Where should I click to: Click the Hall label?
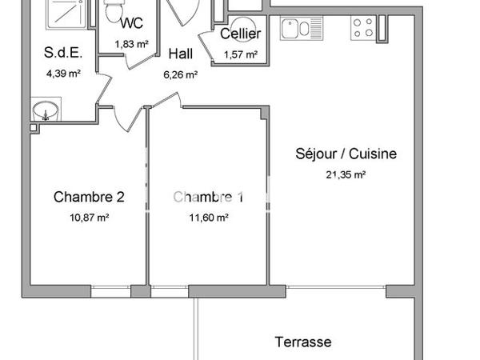(182, 54)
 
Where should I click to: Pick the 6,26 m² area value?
(182, 77)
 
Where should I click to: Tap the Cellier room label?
(240, 34)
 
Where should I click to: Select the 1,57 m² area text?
(240, 55)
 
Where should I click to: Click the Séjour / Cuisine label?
(346, 154)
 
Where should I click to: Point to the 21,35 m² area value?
(346, 174)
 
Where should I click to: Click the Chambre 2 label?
(89, 197)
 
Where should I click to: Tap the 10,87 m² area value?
(89, 218)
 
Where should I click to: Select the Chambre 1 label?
(208, 197)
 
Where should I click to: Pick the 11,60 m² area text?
(208, 218)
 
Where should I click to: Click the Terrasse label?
(303, 342)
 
